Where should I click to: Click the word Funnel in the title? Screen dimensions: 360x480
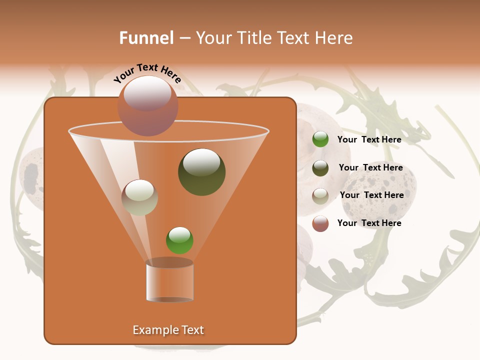pos(146,38)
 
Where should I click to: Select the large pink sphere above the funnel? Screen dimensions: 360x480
pos(147,105)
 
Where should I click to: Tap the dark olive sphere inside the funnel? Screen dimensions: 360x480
pos(201,172)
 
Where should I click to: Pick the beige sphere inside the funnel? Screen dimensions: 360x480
pos(139,197)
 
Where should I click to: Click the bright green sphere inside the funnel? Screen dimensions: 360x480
pos(179,240)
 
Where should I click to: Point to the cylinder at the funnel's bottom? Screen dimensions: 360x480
pos(169,281)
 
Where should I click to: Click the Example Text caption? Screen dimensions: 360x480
pos(168,330)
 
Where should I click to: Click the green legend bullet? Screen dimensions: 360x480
pos(320,139)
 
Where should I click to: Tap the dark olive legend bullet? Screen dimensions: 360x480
pos(320,168)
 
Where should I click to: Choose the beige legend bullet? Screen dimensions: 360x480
pos(320,195)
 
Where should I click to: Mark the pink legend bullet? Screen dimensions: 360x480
pos(320,223)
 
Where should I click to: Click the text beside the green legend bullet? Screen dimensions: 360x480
pos(369,139)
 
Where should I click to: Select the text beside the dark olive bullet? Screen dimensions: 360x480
pos(370,167)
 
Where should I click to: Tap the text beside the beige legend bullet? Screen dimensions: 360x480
pos(371,195)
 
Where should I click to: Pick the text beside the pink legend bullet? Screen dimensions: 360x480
pos(369,223)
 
